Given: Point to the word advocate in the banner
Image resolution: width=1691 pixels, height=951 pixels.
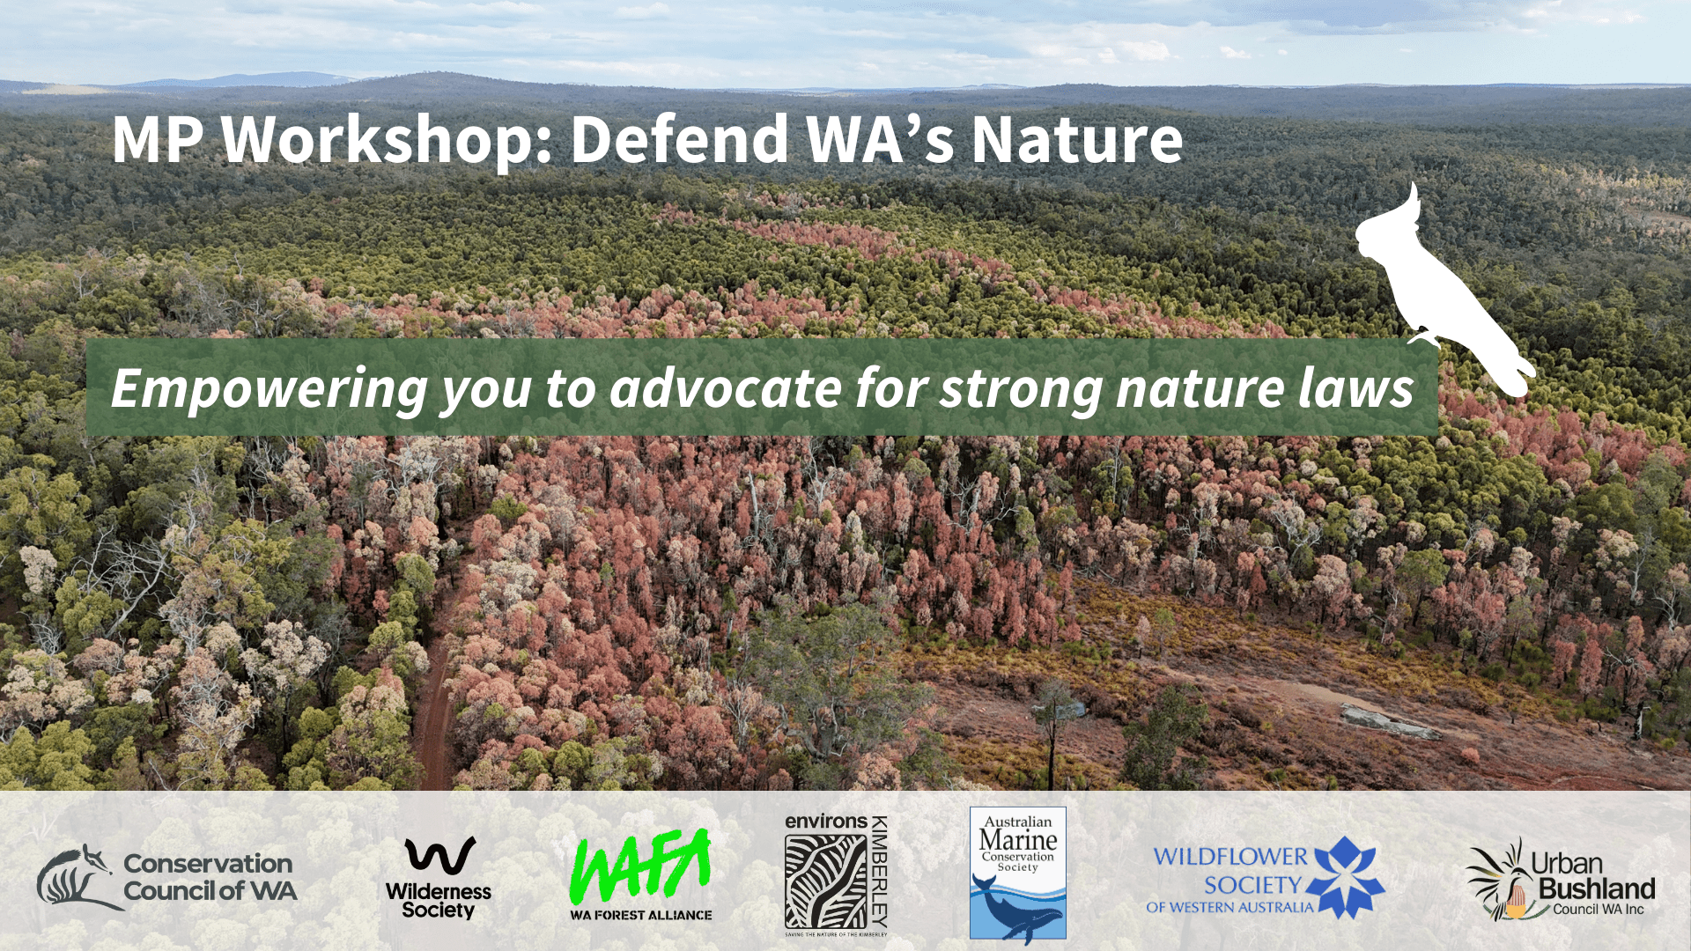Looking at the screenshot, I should (726, 389).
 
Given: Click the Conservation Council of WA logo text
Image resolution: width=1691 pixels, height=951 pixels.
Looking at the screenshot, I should (210, 877).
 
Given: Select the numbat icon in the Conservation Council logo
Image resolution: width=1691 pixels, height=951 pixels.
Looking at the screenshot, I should (74, 878).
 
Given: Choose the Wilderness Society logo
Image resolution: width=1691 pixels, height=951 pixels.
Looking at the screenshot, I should (439, 877).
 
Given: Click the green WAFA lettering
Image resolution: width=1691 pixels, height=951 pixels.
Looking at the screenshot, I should (640, 866).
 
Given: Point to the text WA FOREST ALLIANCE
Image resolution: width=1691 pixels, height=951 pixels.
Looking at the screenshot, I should (640, 915).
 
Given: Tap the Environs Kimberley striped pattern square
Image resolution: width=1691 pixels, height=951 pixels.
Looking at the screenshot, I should (825, 881).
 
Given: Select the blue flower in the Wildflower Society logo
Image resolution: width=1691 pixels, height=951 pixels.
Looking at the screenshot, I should (1345, 875).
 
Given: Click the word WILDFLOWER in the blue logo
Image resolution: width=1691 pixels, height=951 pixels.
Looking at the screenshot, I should (1230, 856).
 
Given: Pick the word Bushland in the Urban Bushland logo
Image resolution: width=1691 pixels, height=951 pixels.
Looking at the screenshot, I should (1597, 888).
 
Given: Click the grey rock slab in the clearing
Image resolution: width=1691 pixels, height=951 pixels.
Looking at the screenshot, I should (1390, 722).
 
